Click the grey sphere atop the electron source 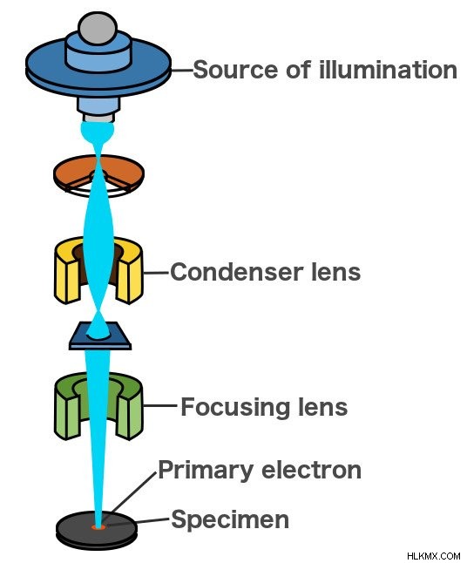point(98,29)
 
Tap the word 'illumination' point(388,70)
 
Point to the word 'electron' point(312,471)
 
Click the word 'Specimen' point(230,519)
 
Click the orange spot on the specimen point(98,526)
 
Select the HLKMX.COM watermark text point(433,555)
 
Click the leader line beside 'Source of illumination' point(181,71)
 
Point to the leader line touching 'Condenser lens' point(156,273)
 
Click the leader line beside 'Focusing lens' point(160,406)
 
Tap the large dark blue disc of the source point(43,70)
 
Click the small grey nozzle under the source point(98,118)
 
